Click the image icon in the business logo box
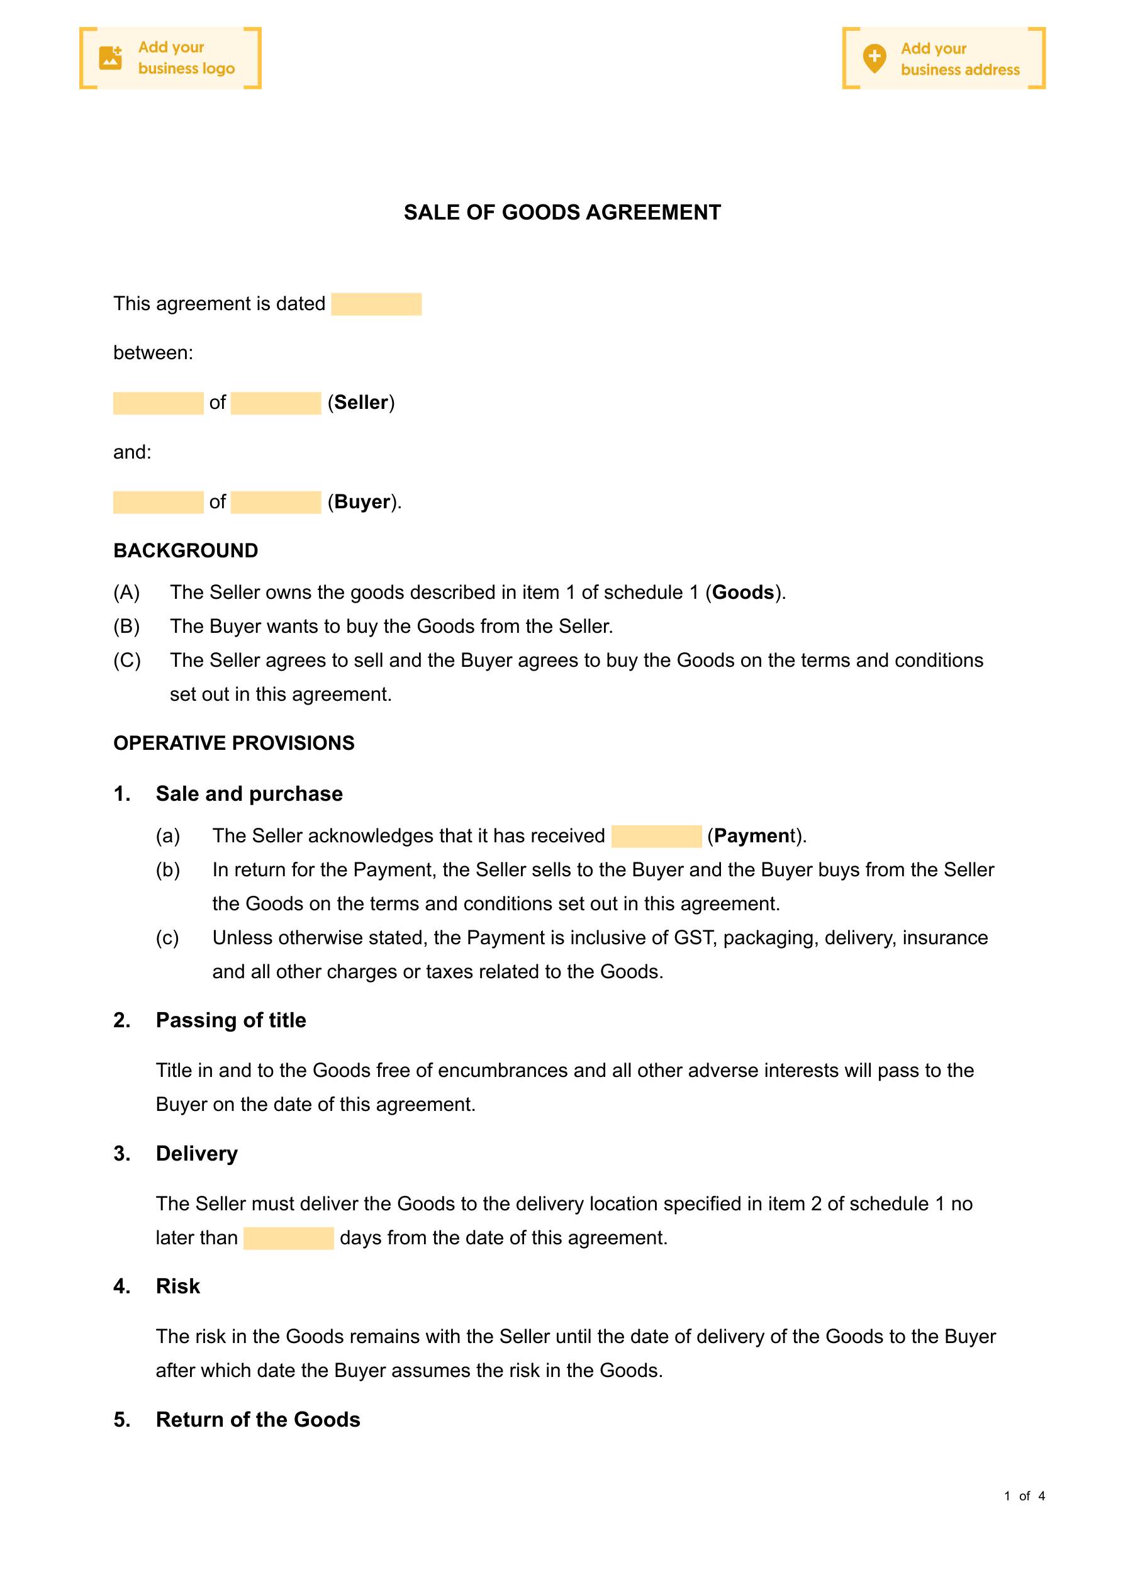pos(110,58)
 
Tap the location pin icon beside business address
pos(874,58)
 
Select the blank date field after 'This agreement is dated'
pos(376,304)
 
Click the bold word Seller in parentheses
pos(361,403)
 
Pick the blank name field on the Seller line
pos(158,403)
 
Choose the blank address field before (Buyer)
pos(276,503)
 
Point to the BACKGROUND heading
pos(186,551)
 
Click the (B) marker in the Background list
pos(126,627)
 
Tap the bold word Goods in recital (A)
pos(743,593)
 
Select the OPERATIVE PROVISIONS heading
pos(234,744)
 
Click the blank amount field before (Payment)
pos(656,836)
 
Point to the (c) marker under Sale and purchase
pos(167,938)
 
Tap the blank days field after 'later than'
pos(288,1238)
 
